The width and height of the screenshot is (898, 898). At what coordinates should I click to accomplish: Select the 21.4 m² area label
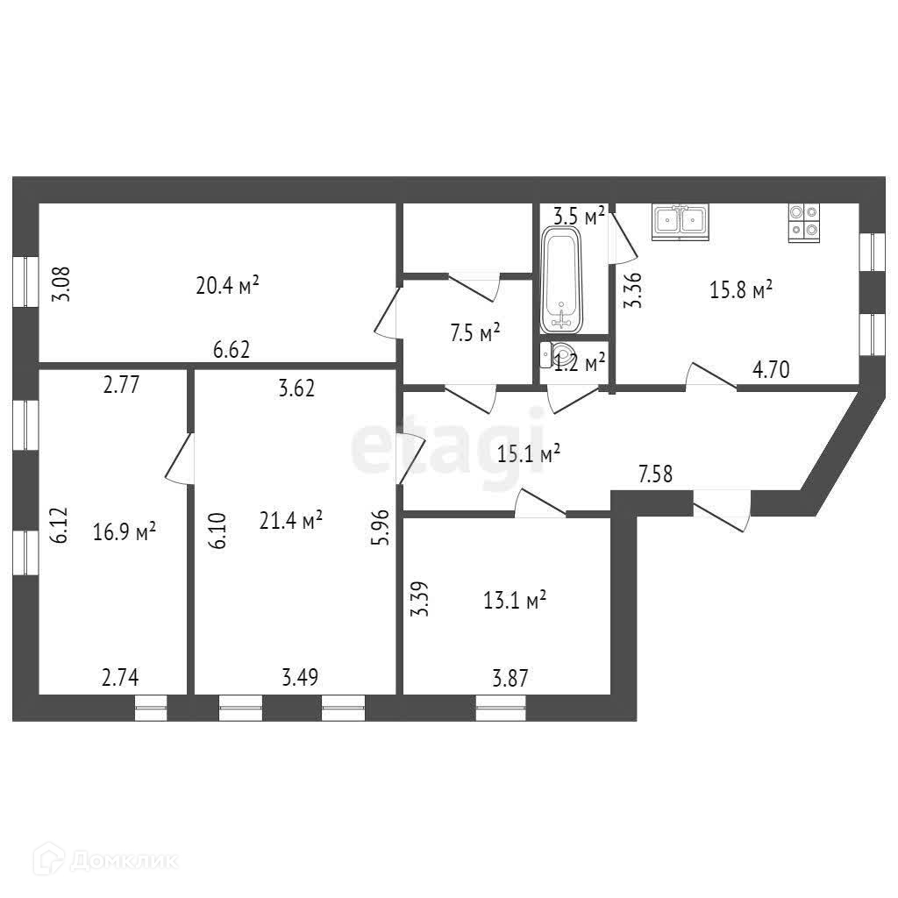pyautogui.click(x=291, y=520)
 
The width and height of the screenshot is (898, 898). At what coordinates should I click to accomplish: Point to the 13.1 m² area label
pyautogui.click(x=515, y=600)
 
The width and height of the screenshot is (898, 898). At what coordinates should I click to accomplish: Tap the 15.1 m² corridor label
pyautogui.click(x=529, y=454)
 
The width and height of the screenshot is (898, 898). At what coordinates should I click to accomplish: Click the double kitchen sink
pyautogui.click(x=680, y=221)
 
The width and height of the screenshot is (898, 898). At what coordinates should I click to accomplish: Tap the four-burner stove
pyautogui.click(x=803, y=222)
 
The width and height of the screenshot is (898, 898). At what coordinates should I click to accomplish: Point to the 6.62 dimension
pyautogui.click(x=232, y=350)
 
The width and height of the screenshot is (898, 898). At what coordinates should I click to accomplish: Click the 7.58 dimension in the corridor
pyautogui.click(x=657, y=475)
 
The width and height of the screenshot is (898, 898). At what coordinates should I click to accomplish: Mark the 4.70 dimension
pyautogui.click(x=772, y=370)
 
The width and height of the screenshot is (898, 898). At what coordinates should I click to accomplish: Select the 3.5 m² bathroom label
pyautogui.click(x=579, y=216)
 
